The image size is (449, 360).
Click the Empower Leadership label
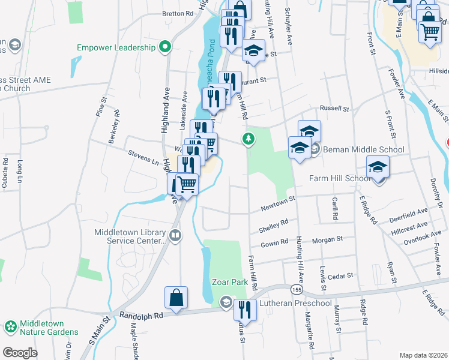click(x=116, y=47)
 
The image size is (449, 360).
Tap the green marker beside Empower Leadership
click(x=164, y=47)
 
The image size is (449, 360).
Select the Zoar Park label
click(x=229, y=281)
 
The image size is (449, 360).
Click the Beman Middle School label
click(x=364, y=149)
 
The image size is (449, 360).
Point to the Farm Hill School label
click(x=339, y=178)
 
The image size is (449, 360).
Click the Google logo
click(x=19, y=353)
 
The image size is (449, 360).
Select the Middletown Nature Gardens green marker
click(x=10, y=326)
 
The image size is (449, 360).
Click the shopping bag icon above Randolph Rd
click(x=176, y=297)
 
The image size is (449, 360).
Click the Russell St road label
click(x=334, y=109)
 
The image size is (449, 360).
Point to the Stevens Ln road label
click(x=142, y=157)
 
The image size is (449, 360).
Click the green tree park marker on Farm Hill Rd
click(x=248, y=140)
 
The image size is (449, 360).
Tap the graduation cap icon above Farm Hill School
click(x=378, y=166)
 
